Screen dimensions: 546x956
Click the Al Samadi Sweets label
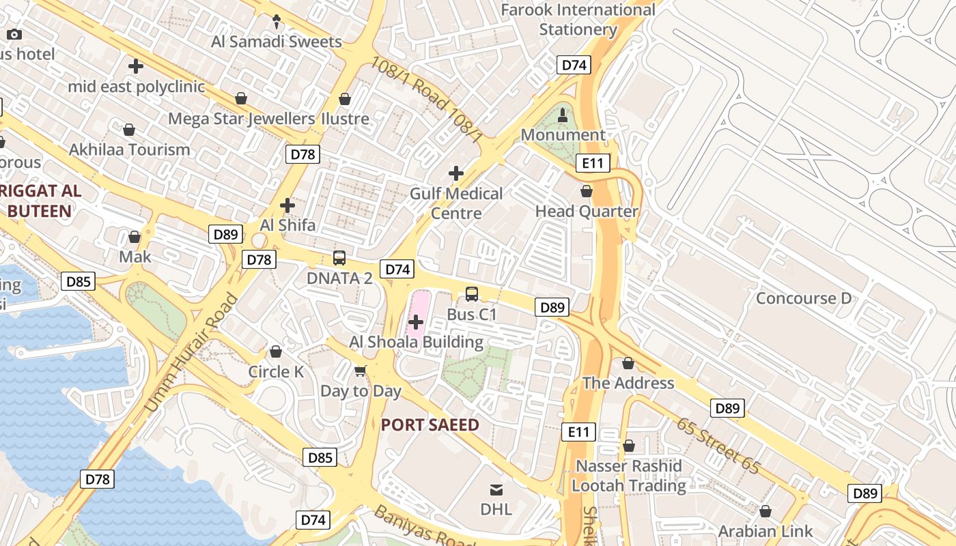pos(277,42)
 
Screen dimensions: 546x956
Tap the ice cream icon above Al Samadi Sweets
pos(277,22)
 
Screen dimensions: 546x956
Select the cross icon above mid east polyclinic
pos(136,66)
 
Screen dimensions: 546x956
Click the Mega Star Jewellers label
pos(242,119)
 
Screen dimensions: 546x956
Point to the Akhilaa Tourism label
pos(130,149)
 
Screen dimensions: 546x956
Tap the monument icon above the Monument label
pos(563,115)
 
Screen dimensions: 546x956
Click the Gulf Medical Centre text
pos(456,203)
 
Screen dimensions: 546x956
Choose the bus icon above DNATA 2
pos(339,258)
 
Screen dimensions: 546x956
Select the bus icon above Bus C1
pos(472,294)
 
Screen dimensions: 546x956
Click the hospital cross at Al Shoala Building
pos(416,321)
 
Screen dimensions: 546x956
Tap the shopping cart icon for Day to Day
pos(361,371)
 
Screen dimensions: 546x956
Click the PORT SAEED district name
pos(430,425)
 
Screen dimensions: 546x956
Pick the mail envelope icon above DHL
pos(496,489)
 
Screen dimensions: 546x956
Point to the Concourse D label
pos(804,298)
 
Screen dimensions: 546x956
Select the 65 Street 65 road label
pos(718,446)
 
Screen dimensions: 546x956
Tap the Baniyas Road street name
pos(424,525)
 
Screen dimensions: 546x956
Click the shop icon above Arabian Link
pos(765,511)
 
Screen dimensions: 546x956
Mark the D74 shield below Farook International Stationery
pos(574,65)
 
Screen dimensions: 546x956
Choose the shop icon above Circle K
pos(276,351)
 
